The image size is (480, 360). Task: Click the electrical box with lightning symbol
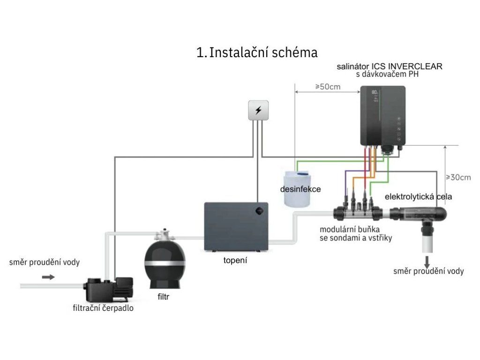click(x=258, y=111)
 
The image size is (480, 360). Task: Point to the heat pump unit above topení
click(x=236, y=227)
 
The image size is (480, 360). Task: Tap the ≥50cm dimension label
click(x=327, y=87)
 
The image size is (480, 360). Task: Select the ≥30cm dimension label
click(x=458, y=177)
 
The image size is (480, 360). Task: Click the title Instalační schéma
click(x=257, y=52)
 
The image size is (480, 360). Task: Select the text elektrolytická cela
click(x=418, y=197)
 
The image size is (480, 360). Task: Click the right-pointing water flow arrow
click(x=48, y=277)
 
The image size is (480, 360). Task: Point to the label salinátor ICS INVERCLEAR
click(x=389, y=67)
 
